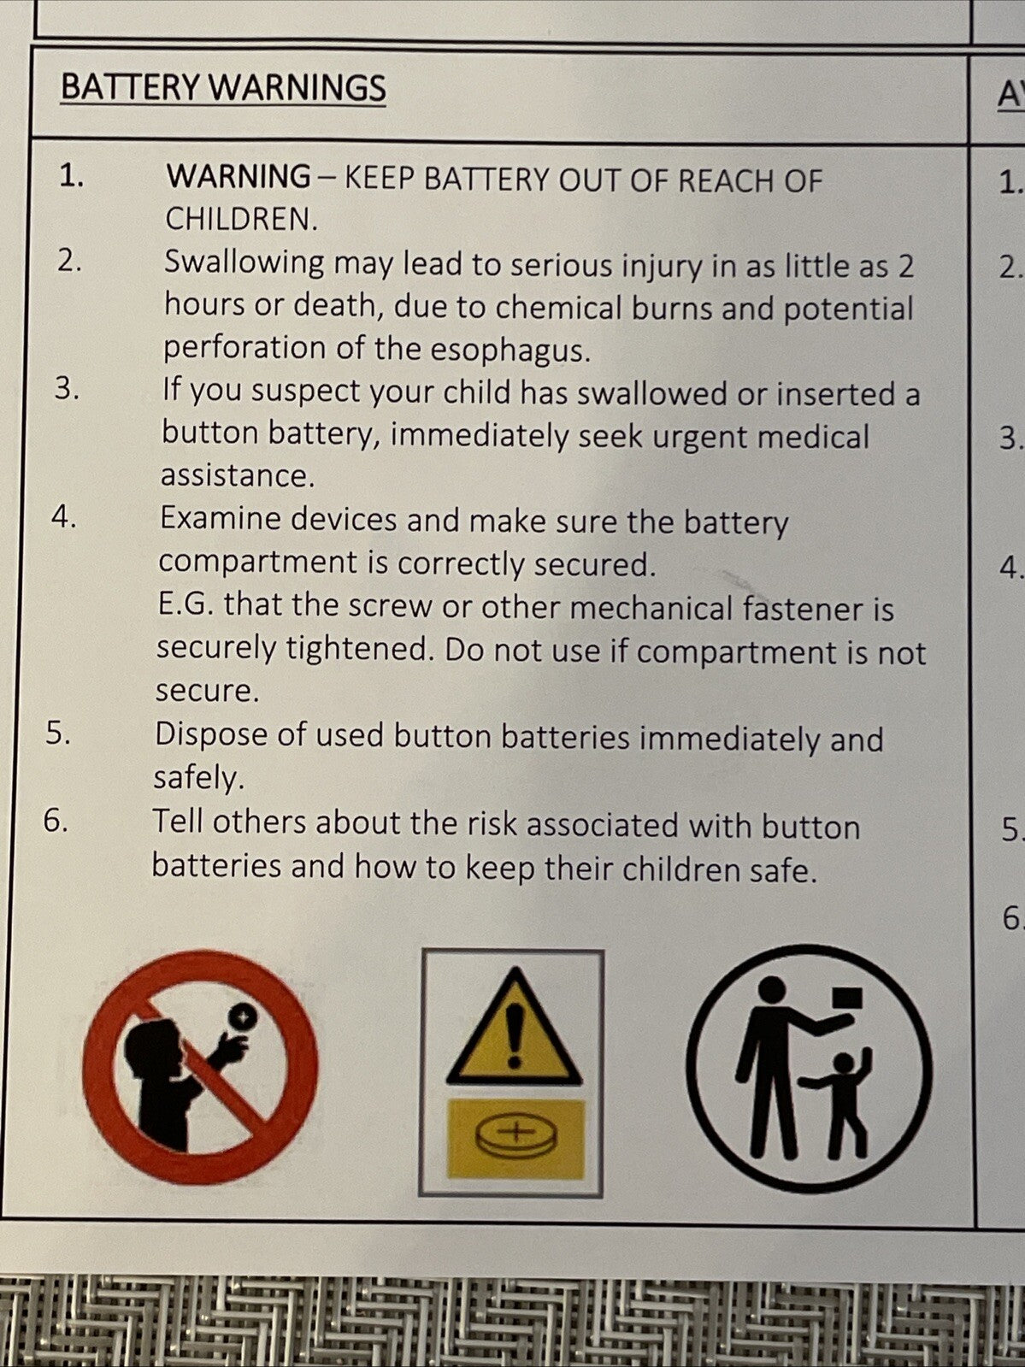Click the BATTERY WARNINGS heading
223,88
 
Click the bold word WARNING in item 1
239,177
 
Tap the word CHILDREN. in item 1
242,219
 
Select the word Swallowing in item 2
244,263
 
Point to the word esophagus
510,351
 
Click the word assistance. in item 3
238,476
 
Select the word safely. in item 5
198,779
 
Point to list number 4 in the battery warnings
64,517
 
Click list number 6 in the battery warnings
56,821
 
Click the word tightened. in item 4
360,649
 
